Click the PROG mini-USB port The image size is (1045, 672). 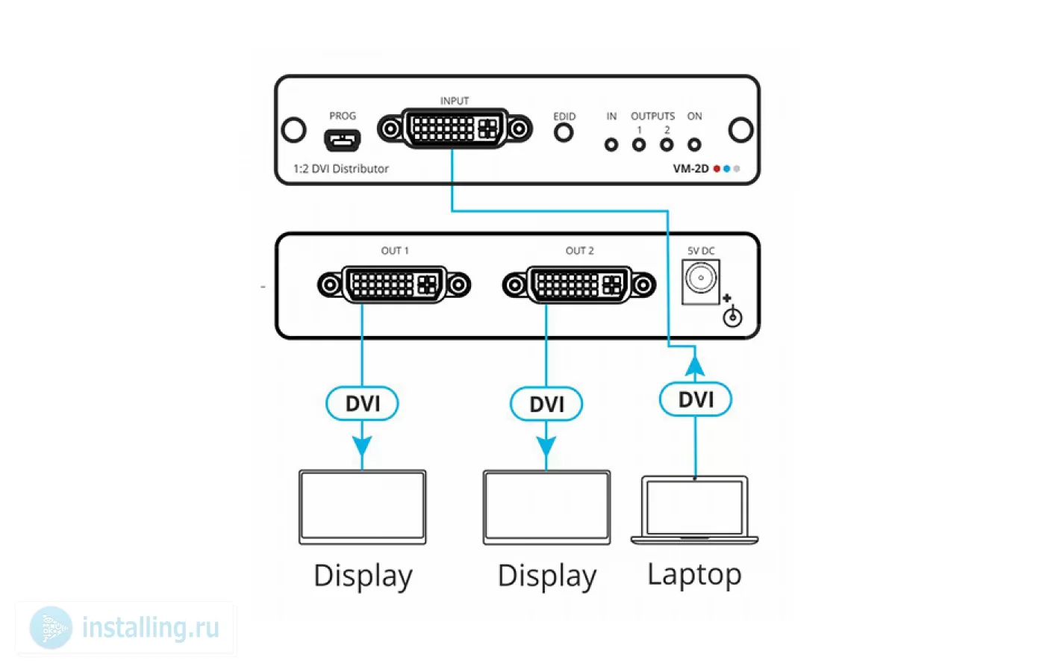(x=342, y=140)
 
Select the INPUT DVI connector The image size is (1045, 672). (x=455, y=128)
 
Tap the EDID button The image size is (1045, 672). (x=564, y=133)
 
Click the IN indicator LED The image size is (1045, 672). (x=611, y=145)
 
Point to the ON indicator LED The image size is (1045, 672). (x=694, y=145)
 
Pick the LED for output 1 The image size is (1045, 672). (x=639, y=145)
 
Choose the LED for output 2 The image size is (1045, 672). (x=667, y=145)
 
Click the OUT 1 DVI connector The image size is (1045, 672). (x=394, y=284)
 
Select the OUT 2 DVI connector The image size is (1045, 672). (x=579, y=284)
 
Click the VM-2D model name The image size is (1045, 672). (x=690, y=169)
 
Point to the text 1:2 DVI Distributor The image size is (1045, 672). (x=340, y=169)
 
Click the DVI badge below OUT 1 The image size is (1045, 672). (x=362, y=403)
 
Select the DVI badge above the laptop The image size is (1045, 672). (x=696, y=399)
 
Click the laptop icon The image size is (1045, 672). (x=695, y=510)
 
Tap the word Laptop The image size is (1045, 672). (x=694, y=574)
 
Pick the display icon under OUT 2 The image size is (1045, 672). (x=546, y=507)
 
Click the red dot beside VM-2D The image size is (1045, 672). (x=717, y=169)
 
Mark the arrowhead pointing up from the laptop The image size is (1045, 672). (x=695, y=366)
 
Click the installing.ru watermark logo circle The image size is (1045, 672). (x=51, y=628)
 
